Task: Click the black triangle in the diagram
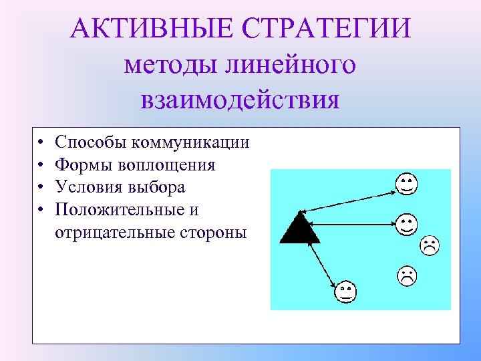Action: click(x=299, y=228)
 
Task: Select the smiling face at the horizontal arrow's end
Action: click(x=406, y=223)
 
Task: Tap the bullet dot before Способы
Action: click(x=41, y=142)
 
